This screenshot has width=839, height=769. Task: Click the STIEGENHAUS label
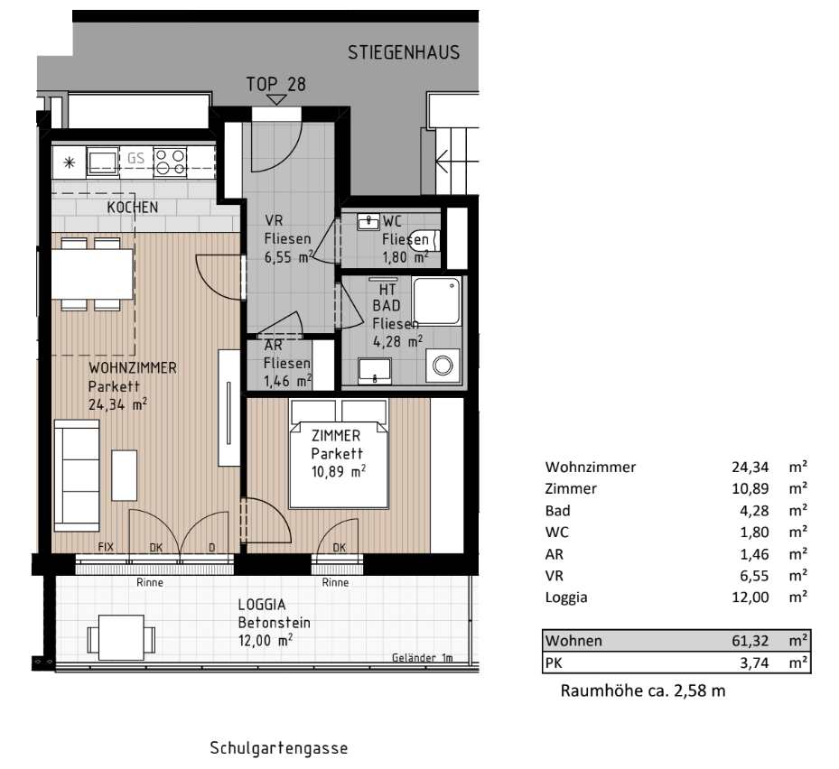click(x=404, y=52)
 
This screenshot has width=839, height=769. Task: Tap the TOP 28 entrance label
click(x=275, y=84)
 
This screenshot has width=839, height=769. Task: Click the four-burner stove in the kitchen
click(x=170, y=162)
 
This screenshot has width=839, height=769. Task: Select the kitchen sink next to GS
click(x=103, y=162)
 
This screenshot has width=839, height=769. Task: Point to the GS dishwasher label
click(x=135, y=158)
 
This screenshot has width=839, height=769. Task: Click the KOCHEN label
click(x=132, y=208)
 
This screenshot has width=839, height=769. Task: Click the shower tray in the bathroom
click(x=436, y=301)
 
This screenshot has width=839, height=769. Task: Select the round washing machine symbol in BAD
click(x=443, y=366)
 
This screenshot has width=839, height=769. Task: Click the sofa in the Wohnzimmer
click(x=77, y=476)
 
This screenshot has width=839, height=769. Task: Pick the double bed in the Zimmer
click(x=338, y=453)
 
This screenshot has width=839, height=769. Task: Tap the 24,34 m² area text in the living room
click(x=117, y=404)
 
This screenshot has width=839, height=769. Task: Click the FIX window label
click(x=106, y=547)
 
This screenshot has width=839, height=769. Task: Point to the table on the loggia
click(x=121, y=638)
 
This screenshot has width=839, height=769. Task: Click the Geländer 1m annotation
click(x=422, y=658)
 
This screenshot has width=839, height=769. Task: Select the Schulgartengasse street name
click(x=279, y=747)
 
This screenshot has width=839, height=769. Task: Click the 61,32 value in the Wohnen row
click(x=750, y=641)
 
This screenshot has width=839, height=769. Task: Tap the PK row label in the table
click(x=554, y=663)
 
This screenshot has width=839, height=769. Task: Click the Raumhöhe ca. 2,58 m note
click(x=643, y=690)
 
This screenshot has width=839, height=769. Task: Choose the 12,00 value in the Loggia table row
click(x=750, y=598)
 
